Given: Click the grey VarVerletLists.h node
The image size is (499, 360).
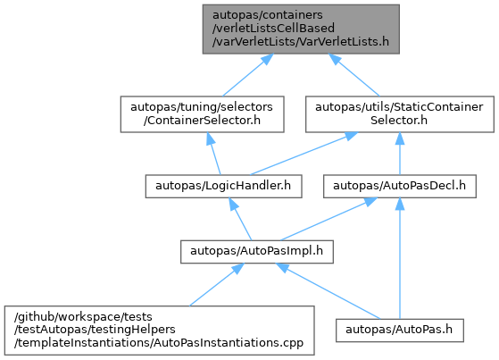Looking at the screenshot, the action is tap(301, 29).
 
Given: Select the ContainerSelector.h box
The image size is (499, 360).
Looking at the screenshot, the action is tap(202, 114).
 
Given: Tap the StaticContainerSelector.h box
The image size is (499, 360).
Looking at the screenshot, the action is tap(400, 114).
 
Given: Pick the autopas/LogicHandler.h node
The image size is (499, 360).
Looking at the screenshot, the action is tap(223, 186).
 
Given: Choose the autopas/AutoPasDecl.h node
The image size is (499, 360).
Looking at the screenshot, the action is tap(400, 186).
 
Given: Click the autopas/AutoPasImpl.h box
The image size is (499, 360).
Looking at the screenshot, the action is tap(257, 252).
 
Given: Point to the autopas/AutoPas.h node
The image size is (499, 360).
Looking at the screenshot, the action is tap(400, 331).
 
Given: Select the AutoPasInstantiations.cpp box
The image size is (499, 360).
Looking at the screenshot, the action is tap(160, 331).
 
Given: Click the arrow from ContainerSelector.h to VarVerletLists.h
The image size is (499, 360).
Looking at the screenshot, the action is tap(247, 75).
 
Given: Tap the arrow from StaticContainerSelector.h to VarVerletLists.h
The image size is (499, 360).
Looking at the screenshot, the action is tap(354, 75).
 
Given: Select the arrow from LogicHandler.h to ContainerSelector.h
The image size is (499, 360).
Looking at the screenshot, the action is tap(213, 154).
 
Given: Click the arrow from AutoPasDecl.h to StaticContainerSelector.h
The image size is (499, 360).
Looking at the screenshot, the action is tap(400, 154).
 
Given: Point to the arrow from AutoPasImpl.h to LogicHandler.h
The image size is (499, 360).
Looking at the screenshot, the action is tap(240, 219).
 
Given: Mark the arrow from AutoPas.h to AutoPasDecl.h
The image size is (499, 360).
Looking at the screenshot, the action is tap(400, 258).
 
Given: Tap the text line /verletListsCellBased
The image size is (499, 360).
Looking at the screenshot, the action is tap(273, 29).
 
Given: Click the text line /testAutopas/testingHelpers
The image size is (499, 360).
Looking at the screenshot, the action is tap(95, 330).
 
